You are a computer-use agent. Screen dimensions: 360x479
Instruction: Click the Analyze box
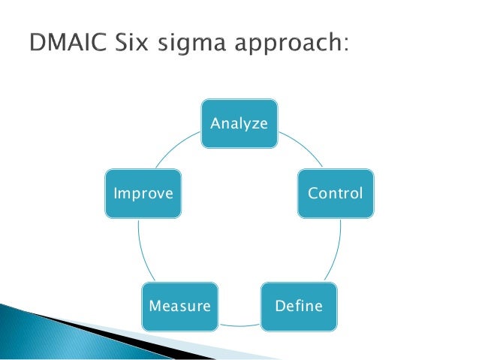tap(239, 123)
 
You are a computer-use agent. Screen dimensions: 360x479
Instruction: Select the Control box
tap(336, 193)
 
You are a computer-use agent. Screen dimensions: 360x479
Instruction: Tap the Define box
tap(299, 306)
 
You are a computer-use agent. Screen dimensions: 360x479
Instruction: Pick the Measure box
tap(180, 306)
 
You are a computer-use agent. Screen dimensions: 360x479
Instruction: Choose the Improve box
tap(143, 193)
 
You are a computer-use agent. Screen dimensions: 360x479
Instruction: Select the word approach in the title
tap(288, 46)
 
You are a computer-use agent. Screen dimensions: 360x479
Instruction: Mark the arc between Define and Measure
tap(239, 325)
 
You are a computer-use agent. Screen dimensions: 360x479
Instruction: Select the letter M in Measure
tap(155, 306)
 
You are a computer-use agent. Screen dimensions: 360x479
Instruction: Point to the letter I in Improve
tap(115, 193)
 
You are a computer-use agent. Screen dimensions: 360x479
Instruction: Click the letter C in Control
tap(312, 193)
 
